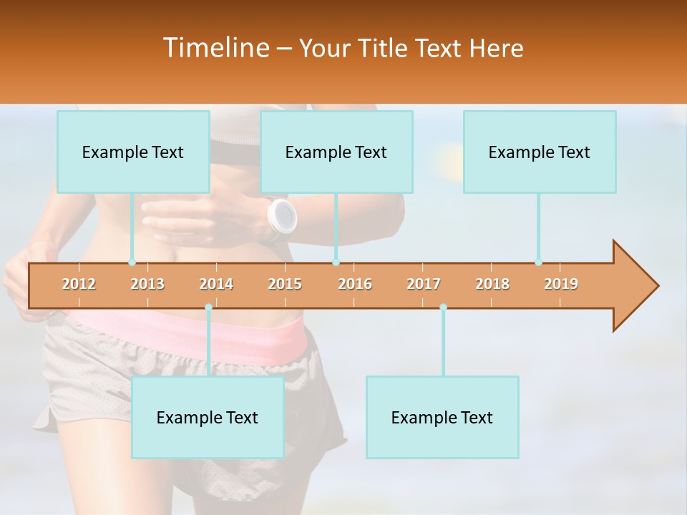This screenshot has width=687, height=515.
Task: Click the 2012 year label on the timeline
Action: [79, 284]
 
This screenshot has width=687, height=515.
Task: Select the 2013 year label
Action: [147, 284]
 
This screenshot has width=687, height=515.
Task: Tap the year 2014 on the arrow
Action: [216, 284]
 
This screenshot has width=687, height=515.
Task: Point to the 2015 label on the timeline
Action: [285, 284]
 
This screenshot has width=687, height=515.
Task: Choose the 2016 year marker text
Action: [355, 284]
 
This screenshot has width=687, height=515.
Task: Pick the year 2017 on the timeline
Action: [424, 284]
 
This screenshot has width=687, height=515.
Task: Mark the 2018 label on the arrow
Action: [492, 284]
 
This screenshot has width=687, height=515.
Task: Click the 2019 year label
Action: [561, 284]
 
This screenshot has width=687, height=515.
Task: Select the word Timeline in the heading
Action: [215, 48]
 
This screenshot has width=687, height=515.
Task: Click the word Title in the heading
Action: [384, 49]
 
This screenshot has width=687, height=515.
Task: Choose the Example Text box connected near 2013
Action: [133, 152]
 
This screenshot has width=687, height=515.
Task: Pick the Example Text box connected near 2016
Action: [336, 152]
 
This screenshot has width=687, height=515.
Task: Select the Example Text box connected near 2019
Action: [540, 152]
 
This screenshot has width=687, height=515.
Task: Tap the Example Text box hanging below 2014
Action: [208, 417]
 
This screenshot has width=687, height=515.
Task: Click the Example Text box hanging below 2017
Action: [442, 417]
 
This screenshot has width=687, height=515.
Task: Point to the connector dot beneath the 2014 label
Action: [208, 308]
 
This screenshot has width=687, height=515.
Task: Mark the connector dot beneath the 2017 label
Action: [443, 308]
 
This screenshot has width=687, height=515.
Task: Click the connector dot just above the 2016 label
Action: [336, 263]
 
